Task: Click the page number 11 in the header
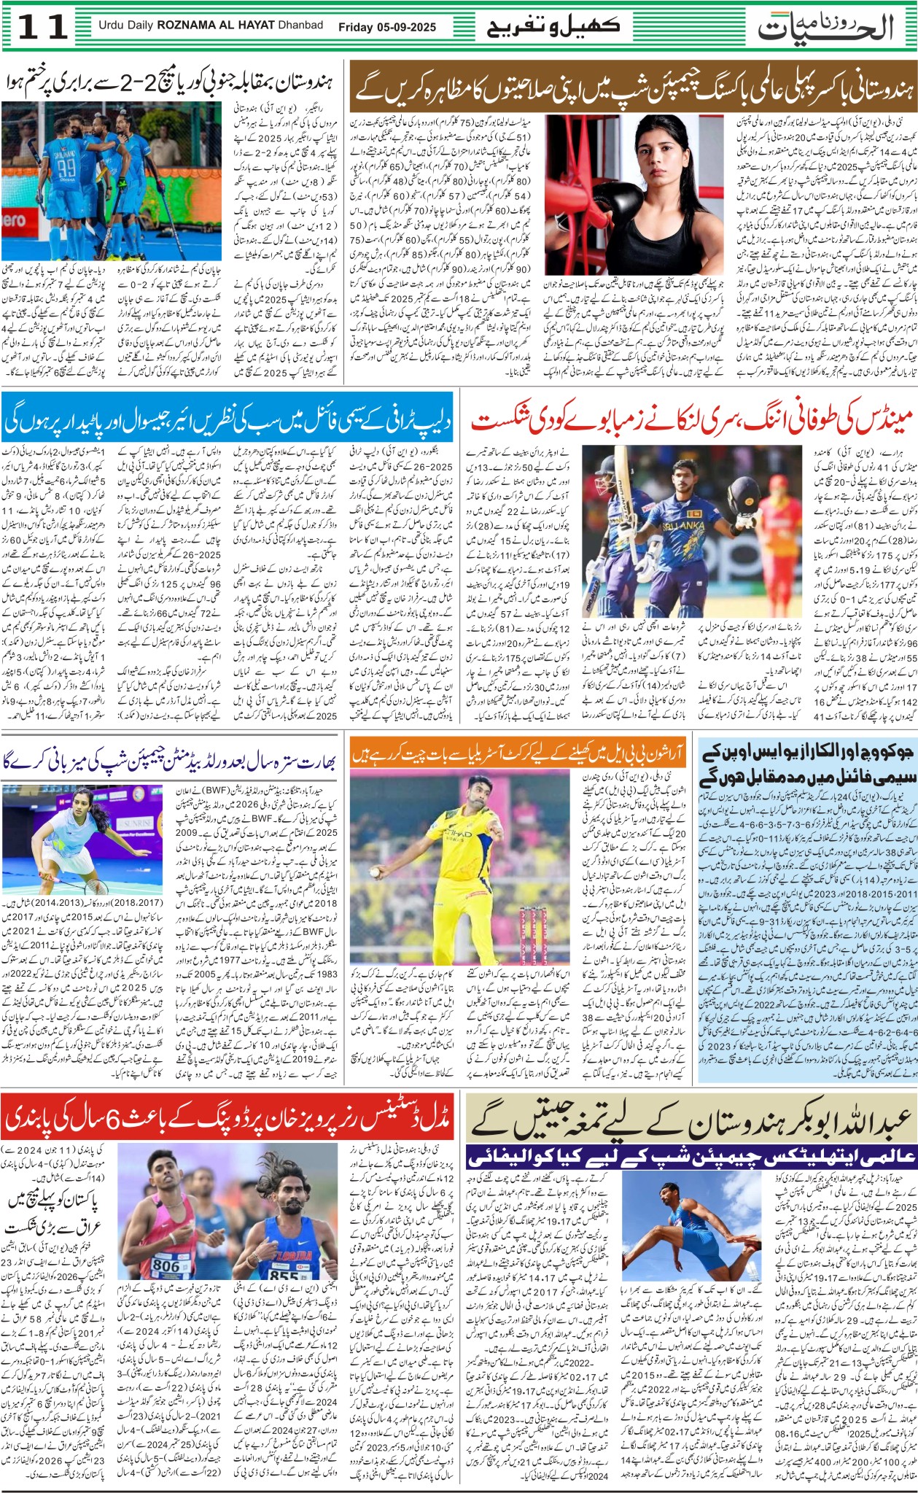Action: [42, 28]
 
